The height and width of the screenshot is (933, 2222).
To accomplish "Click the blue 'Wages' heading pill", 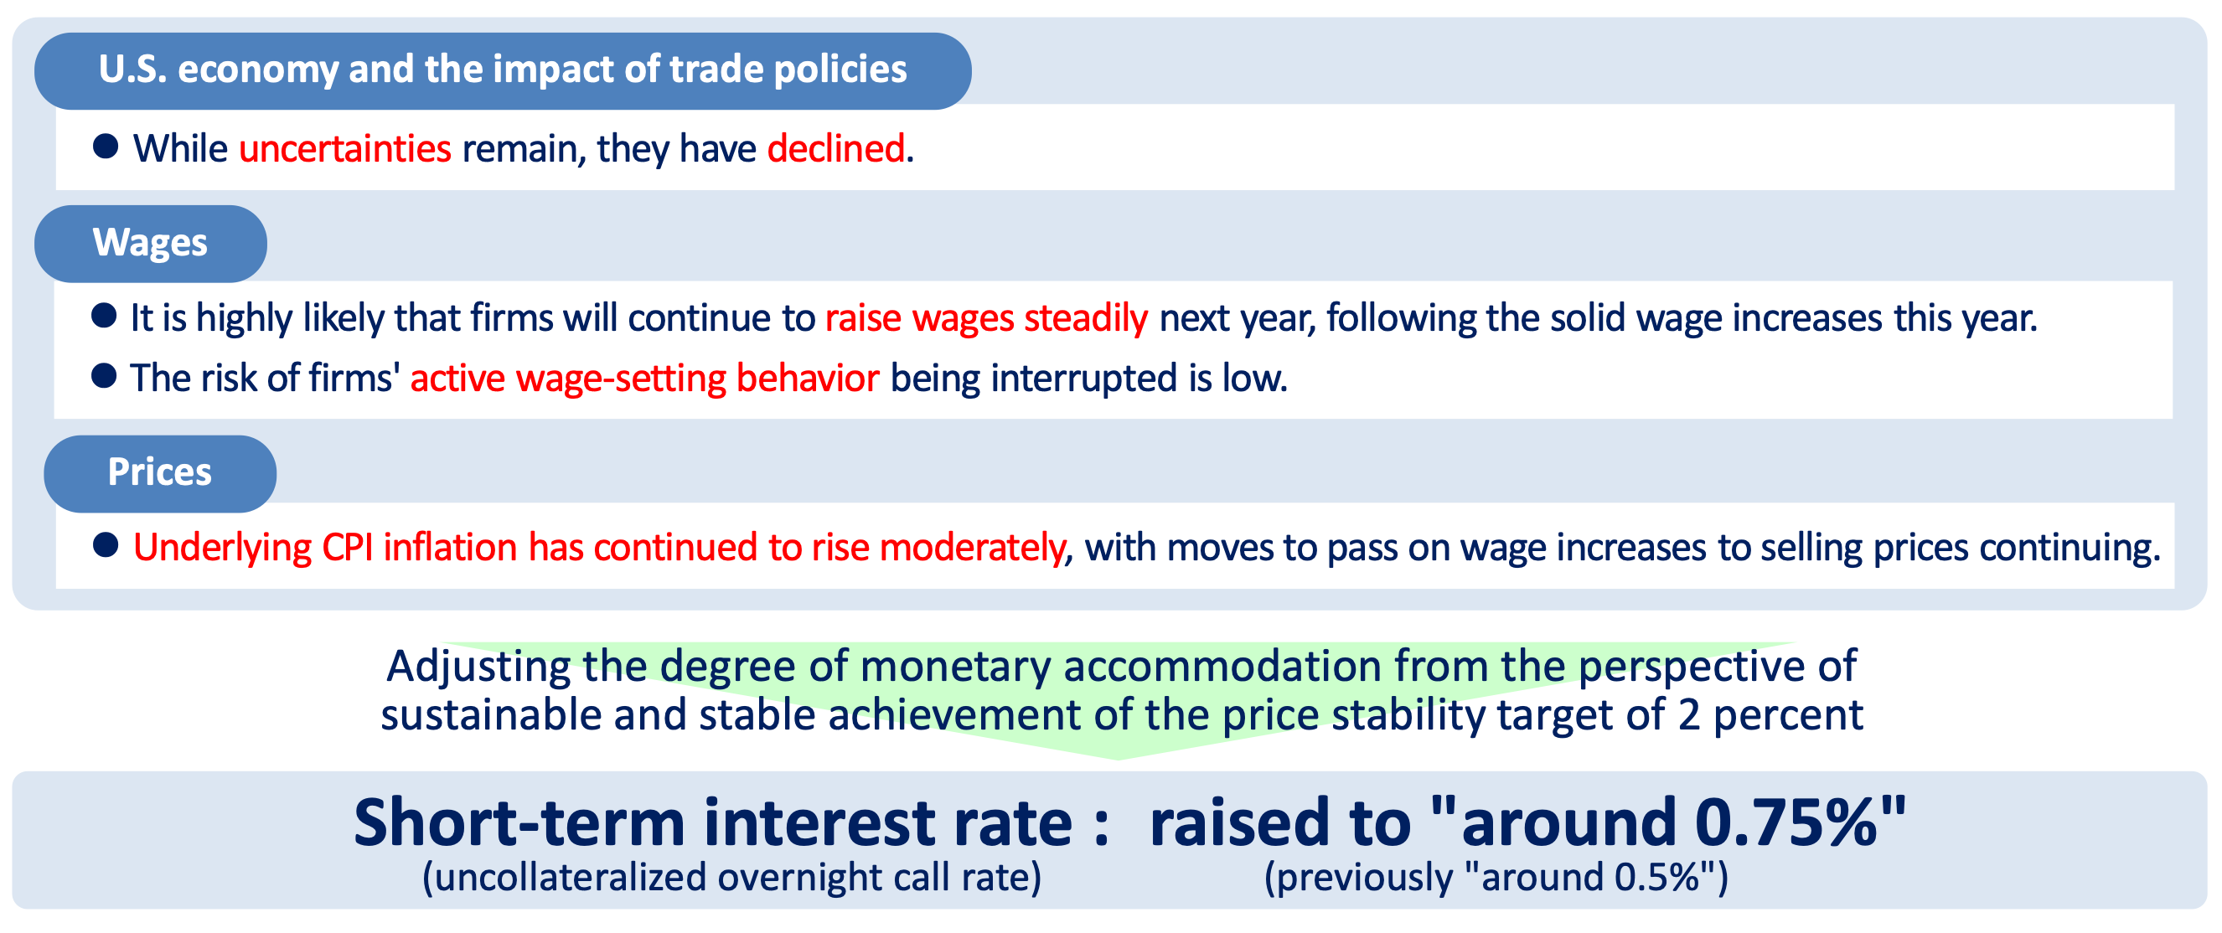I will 150,243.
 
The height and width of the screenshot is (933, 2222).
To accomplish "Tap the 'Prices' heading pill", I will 159,472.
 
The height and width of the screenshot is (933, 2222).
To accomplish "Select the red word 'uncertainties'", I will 345,148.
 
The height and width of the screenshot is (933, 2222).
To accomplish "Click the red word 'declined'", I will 836,148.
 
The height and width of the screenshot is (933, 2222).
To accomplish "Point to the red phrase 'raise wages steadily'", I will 986,318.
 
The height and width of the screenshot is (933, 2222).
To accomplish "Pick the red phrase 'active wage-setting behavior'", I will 644,379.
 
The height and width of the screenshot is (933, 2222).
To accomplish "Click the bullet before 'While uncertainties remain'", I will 106,147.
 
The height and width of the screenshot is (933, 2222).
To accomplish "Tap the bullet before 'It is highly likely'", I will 105,316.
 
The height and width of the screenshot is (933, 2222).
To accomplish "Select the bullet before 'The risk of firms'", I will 105,376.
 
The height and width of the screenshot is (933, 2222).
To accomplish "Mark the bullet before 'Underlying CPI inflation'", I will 106,545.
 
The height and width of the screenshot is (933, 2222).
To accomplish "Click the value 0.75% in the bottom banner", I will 1785,823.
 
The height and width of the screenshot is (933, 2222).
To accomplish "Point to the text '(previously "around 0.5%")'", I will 1496,878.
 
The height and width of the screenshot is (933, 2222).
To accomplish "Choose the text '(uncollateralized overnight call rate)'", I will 731,878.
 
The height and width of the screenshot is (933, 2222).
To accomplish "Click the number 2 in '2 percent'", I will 1689,716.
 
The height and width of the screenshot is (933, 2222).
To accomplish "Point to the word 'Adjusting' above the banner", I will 478,667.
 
